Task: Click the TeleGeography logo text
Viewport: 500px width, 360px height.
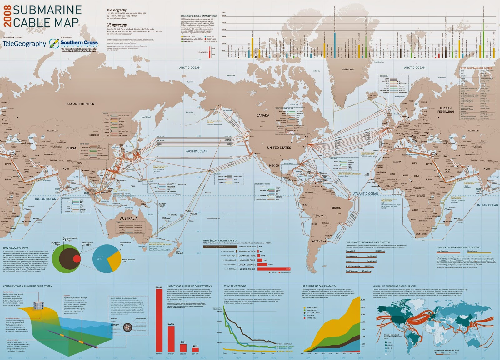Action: pos(24,44)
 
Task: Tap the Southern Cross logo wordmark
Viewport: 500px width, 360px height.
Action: pos(79,42)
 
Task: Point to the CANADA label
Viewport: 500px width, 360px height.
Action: pos(262,115)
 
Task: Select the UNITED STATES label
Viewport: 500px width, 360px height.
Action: pos(279,147)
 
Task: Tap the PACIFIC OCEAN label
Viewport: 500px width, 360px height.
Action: pos(196,151)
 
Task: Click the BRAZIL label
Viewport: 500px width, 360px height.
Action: pos(336,208)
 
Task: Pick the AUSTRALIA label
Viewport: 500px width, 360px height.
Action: pos(128,218)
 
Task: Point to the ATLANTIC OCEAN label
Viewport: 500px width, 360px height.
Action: pos(365,194)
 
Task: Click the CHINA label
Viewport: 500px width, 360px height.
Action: pos(71,148)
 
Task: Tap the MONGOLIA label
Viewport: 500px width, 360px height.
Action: pos(94,135)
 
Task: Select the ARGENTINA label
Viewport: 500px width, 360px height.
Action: pos(319,241)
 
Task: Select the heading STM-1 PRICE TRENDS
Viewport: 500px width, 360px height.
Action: pos(235,286)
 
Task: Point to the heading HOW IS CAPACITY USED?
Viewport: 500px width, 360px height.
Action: pos(16,248)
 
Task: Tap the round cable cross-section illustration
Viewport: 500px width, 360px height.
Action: pos(127,327)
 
